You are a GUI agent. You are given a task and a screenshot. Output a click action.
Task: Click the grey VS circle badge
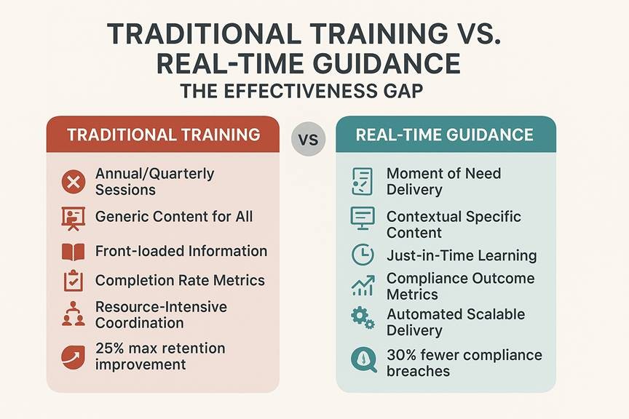click(309, 137)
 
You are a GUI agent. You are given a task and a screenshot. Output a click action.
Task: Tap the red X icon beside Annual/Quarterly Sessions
click(73, 181)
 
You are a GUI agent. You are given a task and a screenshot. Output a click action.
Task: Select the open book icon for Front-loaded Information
click(73, 252)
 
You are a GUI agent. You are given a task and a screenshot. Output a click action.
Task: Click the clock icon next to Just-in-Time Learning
click(362, 255)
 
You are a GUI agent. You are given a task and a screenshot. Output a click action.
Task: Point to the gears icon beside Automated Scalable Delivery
click(362, 319)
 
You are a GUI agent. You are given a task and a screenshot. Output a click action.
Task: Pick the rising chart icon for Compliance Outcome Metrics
click(362, 285)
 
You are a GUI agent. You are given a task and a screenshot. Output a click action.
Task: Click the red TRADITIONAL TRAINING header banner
click(162, 134)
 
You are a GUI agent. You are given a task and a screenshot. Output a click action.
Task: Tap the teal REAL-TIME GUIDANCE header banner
click(445, 134)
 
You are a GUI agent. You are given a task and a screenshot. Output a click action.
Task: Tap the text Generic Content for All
click(174, 216)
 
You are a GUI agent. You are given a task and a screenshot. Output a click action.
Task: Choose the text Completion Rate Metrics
click(180, 280)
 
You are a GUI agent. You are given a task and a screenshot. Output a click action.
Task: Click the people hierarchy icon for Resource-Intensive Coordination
click(73, 314)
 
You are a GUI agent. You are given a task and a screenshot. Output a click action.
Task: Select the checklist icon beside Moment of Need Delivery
click(362, 180)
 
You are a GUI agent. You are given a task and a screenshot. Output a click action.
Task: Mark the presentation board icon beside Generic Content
click(73, 217)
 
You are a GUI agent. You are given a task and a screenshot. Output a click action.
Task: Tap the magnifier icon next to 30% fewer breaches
click(362, 360)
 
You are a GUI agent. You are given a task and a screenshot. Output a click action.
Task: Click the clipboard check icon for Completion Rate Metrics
click(73, 281)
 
